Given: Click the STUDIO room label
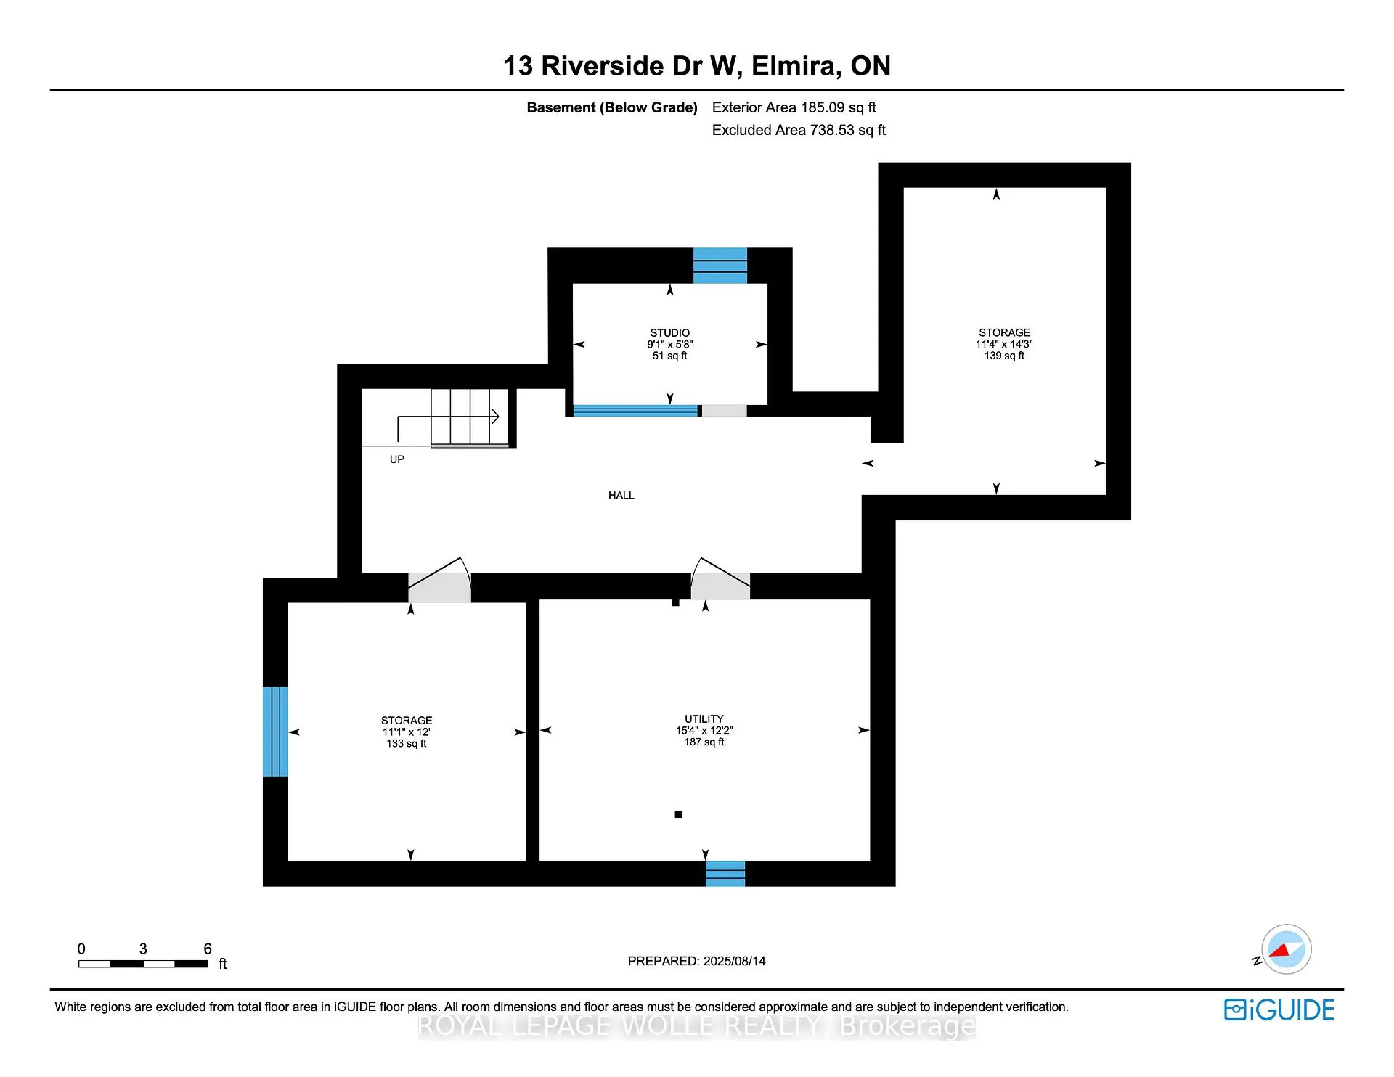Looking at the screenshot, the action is [669, 333].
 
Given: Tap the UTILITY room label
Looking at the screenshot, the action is [704, 719].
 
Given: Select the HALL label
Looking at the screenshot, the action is [621, 496].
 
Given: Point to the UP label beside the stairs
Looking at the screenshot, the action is [397, 459].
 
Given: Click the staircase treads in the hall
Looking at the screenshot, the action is [470, 417].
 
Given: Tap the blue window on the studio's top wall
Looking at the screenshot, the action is [720, 266].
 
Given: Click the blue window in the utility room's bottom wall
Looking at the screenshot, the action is [725, 874].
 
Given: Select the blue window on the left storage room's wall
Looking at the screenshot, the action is [275, 732].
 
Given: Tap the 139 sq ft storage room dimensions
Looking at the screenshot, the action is [1004, 345].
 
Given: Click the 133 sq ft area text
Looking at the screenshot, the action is [407, 744].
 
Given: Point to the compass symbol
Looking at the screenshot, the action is [1286, 949].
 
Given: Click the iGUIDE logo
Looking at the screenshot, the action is [1279, 1010].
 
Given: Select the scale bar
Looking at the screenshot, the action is [144, 964].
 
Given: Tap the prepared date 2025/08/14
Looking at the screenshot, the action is [735, 961].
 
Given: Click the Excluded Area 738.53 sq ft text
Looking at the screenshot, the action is [799, 130].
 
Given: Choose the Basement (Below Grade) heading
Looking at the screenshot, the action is [612, 107].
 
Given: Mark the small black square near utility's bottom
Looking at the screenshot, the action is [678, 814].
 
